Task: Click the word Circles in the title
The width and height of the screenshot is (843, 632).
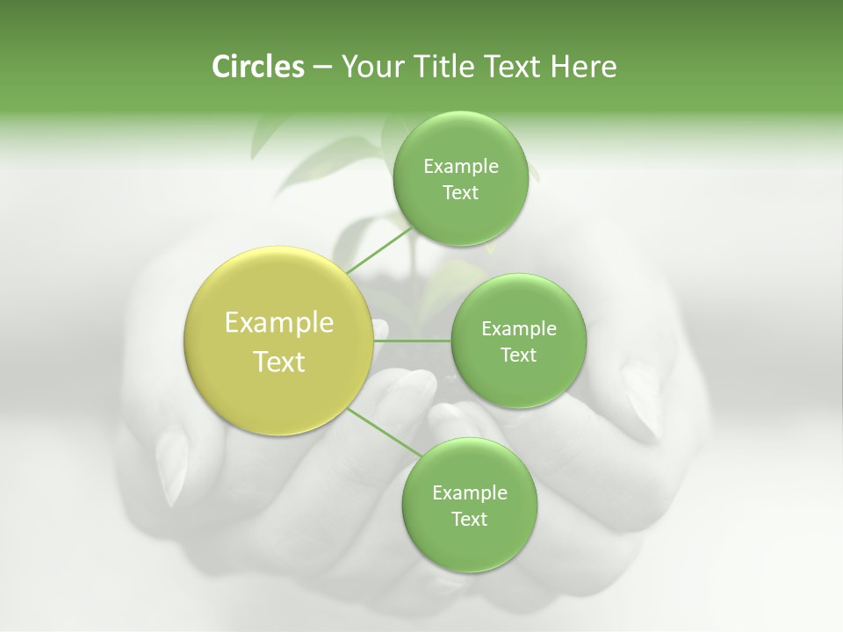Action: point(257,67)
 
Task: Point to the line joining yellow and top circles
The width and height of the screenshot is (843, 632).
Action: point(378,250)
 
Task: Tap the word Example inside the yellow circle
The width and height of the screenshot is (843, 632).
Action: point(279,323)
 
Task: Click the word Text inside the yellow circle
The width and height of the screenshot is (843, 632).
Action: point(279,362)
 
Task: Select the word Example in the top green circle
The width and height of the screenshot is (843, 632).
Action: point(461,167)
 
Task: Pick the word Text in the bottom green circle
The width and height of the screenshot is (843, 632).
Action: point(469,519)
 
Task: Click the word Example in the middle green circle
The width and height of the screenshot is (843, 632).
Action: point(519,329)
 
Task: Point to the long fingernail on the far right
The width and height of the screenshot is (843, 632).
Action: point(645,399)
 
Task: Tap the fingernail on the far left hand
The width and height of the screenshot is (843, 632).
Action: point(175,465)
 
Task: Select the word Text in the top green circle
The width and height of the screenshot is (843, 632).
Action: point(460,192)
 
